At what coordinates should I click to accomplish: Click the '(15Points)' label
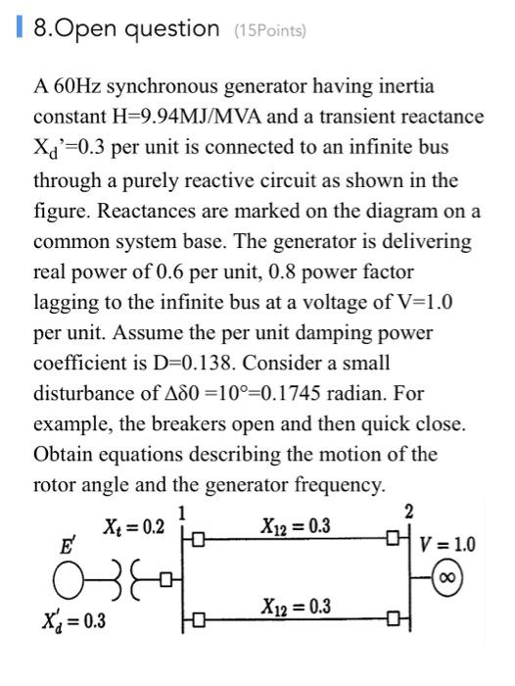tap(269, 30)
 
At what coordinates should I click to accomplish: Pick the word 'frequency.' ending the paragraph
tap(436, 484)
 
